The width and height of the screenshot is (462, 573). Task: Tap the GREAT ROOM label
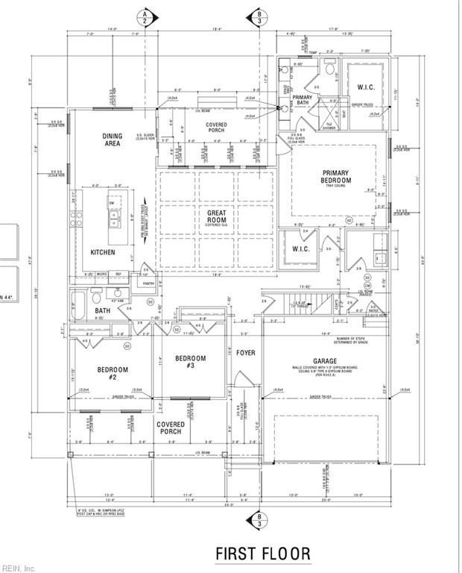click(216, 216)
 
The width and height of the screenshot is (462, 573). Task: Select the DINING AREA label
click(112, 140)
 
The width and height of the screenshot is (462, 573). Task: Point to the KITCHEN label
click(103, 253)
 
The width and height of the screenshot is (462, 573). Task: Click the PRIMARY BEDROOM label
click(335, 177)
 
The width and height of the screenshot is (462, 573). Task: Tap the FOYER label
click(246, 352)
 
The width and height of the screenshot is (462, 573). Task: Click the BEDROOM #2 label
click(113, 373)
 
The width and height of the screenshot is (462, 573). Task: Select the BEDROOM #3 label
click(190, 362)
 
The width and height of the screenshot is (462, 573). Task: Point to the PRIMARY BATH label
click(303, 101)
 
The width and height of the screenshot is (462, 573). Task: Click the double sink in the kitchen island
click(115, 218)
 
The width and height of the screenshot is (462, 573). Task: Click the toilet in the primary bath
click(329, 71)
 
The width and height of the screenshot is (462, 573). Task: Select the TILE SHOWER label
click(328, 125)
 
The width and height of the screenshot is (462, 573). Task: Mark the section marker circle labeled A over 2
click(139, 16)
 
